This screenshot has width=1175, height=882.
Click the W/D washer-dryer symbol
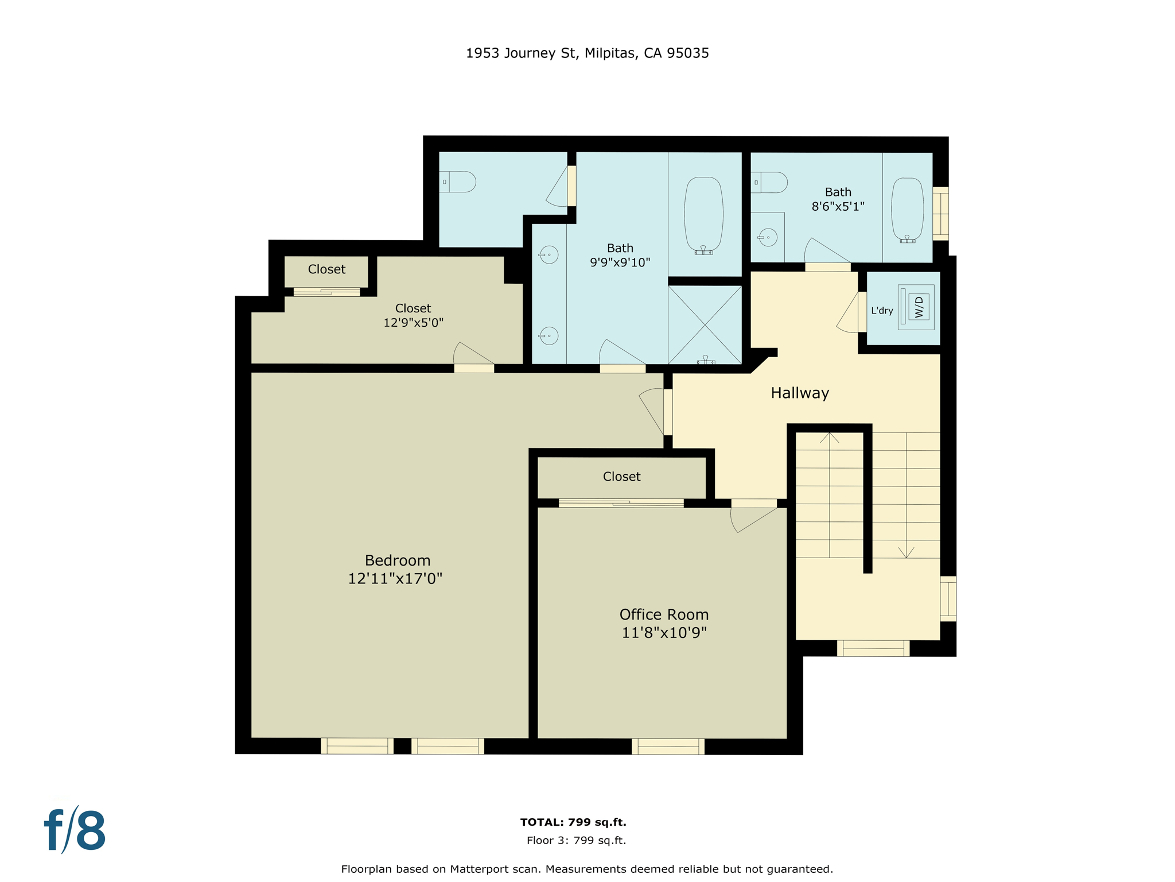point(919,307)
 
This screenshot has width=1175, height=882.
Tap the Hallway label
point(800,393)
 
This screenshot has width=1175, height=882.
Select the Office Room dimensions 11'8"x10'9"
point(664,633)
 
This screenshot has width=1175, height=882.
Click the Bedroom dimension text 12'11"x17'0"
point(395,578)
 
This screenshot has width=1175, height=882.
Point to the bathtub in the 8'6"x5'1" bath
point(907,210)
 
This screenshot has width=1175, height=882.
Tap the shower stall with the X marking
point(705,325)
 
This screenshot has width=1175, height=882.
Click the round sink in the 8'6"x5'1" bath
point(768,237)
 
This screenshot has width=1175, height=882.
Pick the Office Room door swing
point(752,520)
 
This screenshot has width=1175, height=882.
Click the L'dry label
point(882,311)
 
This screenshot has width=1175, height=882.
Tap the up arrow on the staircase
point(830,438)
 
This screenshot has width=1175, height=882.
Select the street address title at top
point(587,53)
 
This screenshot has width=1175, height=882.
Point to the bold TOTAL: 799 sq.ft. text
point(573,822)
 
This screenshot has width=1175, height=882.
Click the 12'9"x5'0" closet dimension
point(413,323)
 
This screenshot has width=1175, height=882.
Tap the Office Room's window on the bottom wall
point(668,746)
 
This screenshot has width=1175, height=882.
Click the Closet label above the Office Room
point(621,477)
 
